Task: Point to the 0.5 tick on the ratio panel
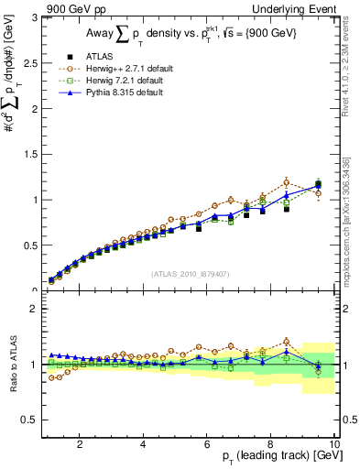tap(32, 420)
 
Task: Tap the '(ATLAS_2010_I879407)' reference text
tap(190, 272)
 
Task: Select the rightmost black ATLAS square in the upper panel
tap(318, 185)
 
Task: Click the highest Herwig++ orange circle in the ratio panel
tap(286, 341)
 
